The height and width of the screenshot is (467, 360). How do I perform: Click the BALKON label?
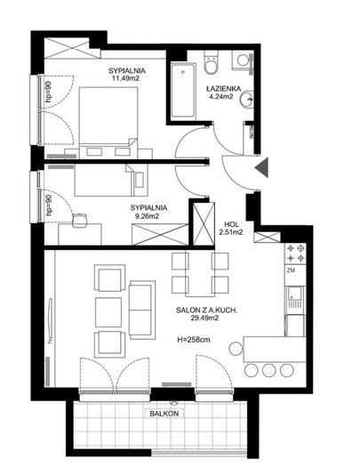tap(164, 414)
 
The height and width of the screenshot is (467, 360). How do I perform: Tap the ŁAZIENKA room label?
tap(223, 89)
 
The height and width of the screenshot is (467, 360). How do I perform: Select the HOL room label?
tap(231, 224)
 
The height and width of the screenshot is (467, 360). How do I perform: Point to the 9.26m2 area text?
tap(147, 216)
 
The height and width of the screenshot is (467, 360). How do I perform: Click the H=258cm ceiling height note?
tap(194, 340)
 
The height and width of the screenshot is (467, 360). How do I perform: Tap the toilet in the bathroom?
tap(211, 62)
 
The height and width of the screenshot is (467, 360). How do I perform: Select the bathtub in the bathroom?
tap(183, 89)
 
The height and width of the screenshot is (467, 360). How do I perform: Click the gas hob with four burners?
tap(295, 254)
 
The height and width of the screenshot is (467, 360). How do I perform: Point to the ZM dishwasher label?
tap(291, 270)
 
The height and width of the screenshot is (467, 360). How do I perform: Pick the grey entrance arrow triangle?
tap(262, 168)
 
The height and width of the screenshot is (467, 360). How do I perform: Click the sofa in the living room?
tap(142, 310)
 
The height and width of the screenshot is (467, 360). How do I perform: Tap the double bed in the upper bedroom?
tap(109, 122)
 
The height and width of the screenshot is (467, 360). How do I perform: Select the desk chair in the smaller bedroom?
tap(79, 220)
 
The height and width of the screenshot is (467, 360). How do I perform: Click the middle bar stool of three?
tap(269, 370)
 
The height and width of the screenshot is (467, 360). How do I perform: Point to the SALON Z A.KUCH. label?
tap(206, 310)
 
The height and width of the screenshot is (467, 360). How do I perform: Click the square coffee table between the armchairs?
tap(108, 312)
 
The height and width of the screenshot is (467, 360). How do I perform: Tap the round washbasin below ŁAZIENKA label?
tap(246, 99)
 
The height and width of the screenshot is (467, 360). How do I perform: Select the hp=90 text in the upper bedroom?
tap(49, 92)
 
